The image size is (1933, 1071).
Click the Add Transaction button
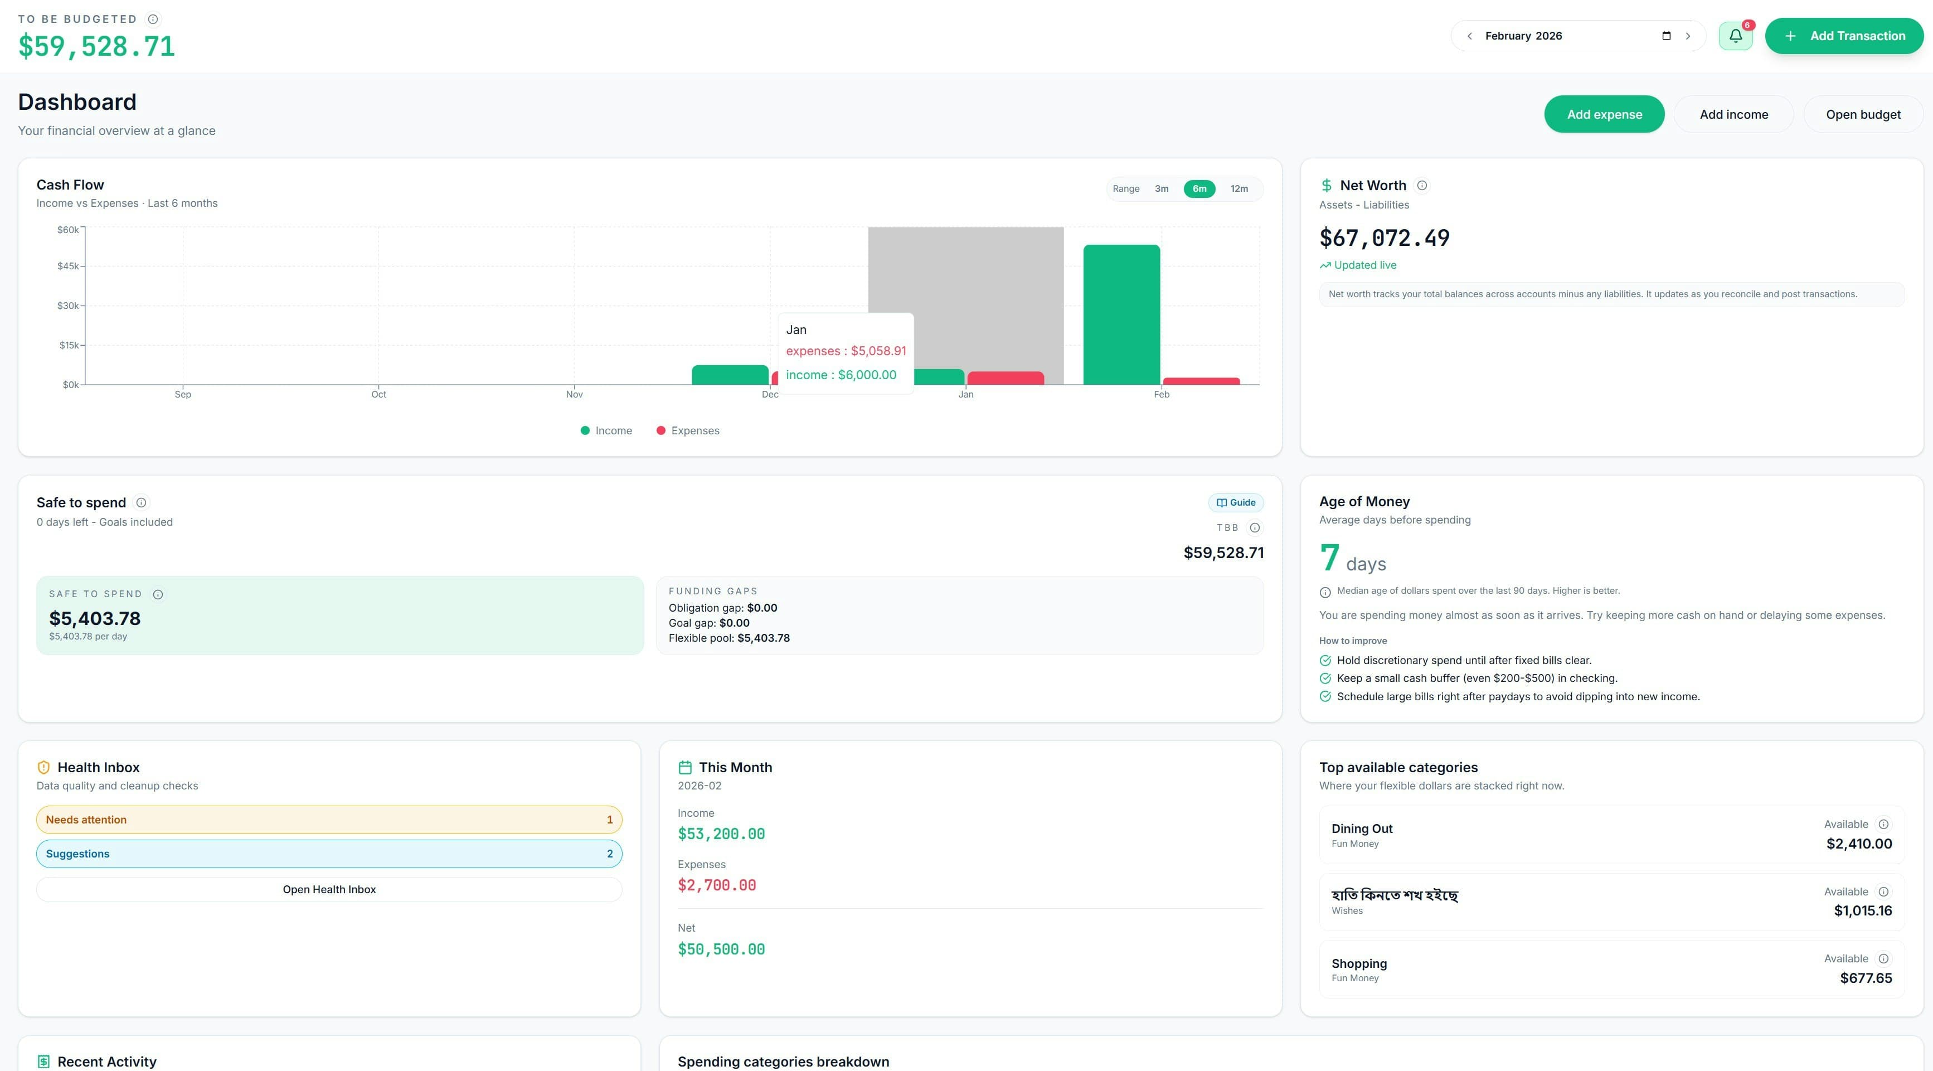pos(1844,36)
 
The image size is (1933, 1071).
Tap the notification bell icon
pos(1735,36)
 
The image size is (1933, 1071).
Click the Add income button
pos(1733,114)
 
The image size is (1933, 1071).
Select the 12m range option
pos(1239,188)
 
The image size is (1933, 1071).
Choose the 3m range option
pos(1161,188)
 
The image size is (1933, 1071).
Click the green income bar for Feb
pos(1121,315)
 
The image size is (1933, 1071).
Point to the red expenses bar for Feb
pos(1201,381)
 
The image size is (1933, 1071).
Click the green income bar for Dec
pos(730,375)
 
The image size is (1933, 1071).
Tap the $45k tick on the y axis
pos(69,266)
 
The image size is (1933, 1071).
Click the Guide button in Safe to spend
pos(1235,502)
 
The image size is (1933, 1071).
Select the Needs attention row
pos(329,820)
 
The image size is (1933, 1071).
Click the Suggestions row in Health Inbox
pos(329,854)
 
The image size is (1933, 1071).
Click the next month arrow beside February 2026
pos(1688,36)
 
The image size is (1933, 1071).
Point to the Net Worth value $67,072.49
pos(1384,238)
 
